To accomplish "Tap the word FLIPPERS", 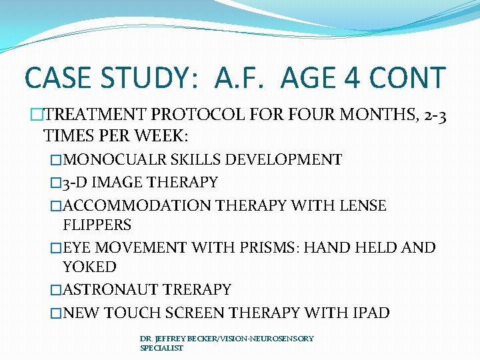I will [x=97, y=225].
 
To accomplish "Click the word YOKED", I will [x=89, y=267].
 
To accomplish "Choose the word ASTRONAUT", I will [x=113, y=290].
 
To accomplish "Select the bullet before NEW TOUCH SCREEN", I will [x=57, y=312].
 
